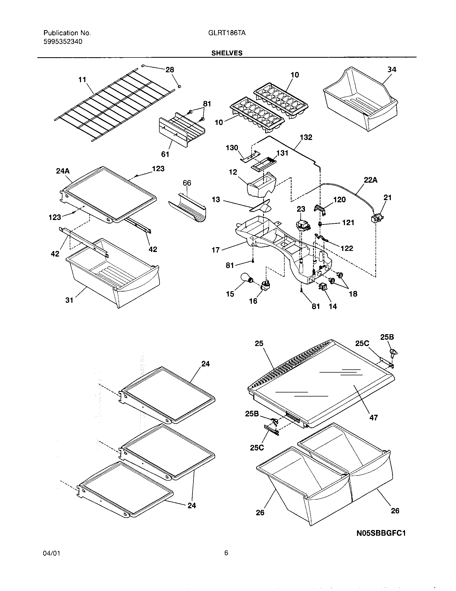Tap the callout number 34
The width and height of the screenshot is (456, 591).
click(392, 70)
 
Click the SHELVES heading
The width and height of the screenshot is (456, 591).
click(227, 53)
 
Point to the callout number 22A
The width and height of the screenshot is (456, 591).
click(370, 180)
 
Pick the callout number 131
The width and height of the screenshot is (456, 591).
click(282, 153)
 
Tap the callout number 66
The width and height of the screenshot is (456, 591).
click(187, 183)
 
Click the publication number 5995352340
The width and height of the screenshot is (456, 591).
click(63, 42)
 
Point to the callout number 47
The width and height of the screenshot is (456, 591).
click(373, 418)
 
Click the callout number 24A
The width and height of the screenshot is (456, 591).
click(63, 171)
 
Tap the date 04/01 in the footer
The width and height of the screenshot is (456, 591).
click(51, 561)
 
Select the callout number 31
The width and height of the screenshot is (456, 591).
click(69, 300)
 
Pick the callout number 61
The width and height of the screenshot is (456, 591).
click(165, 154)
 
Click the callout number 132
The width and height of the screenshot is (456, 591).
click(306, 138)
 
